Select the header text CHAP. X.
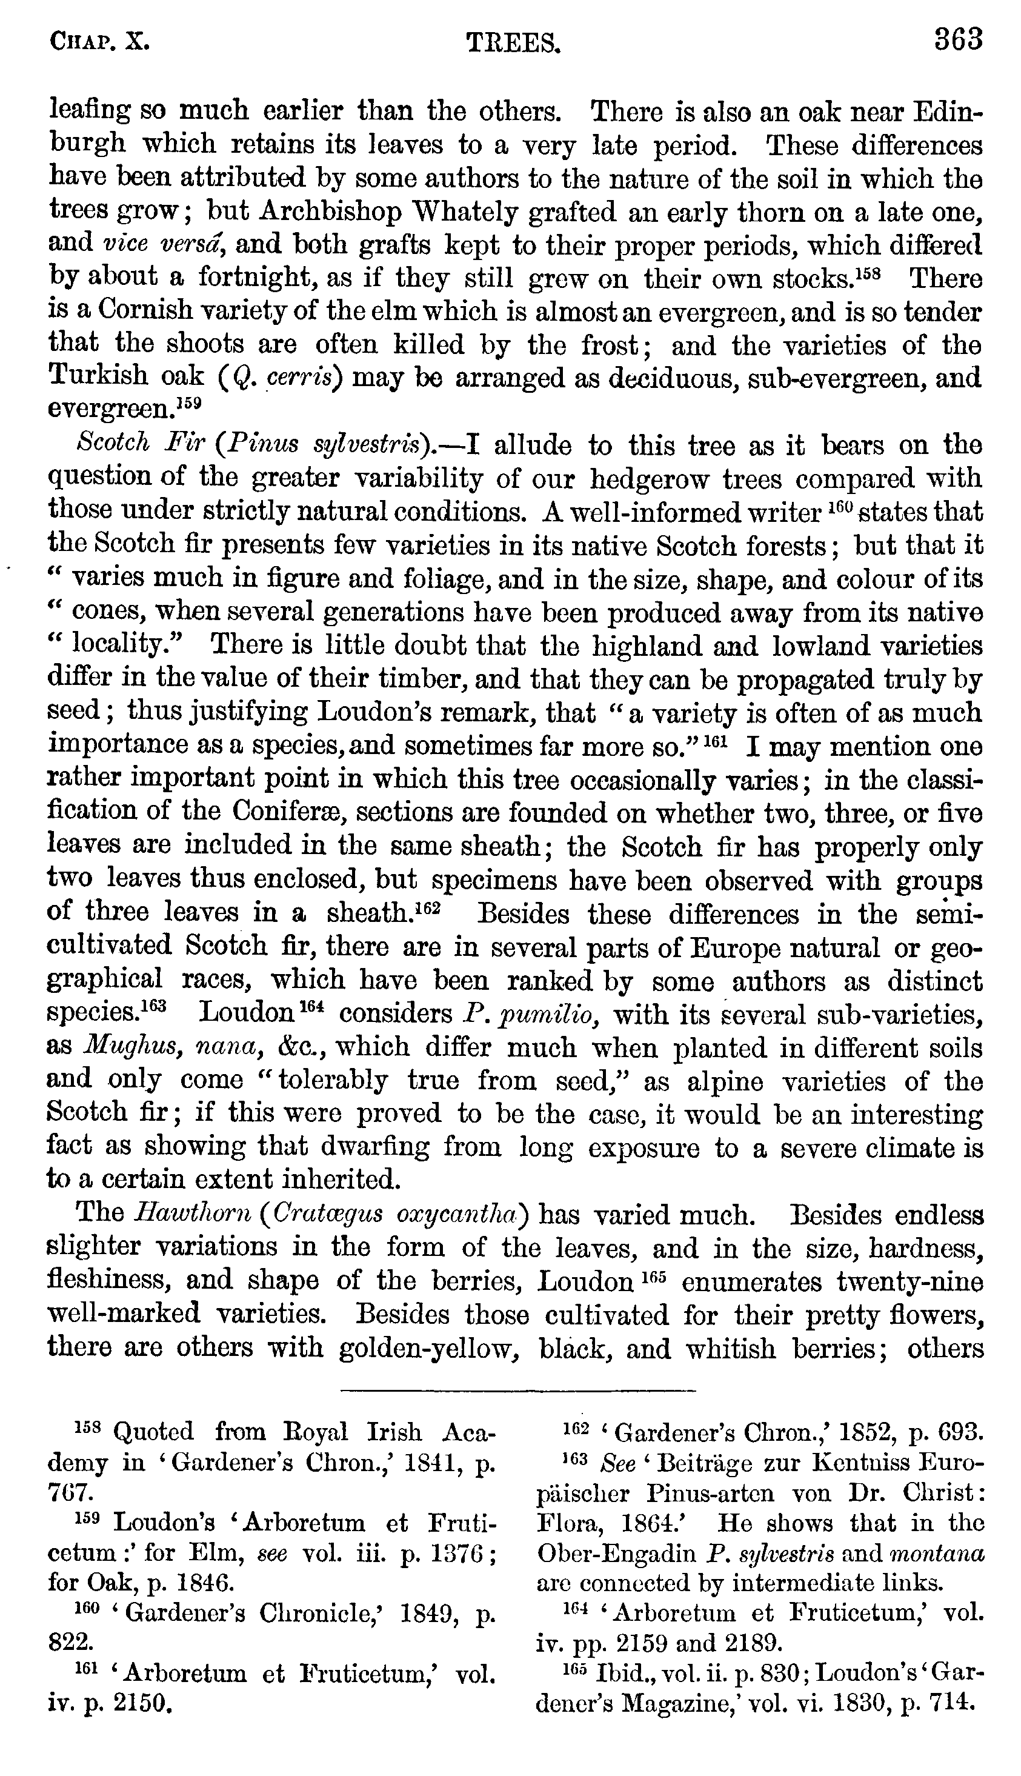pos(99,43)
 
